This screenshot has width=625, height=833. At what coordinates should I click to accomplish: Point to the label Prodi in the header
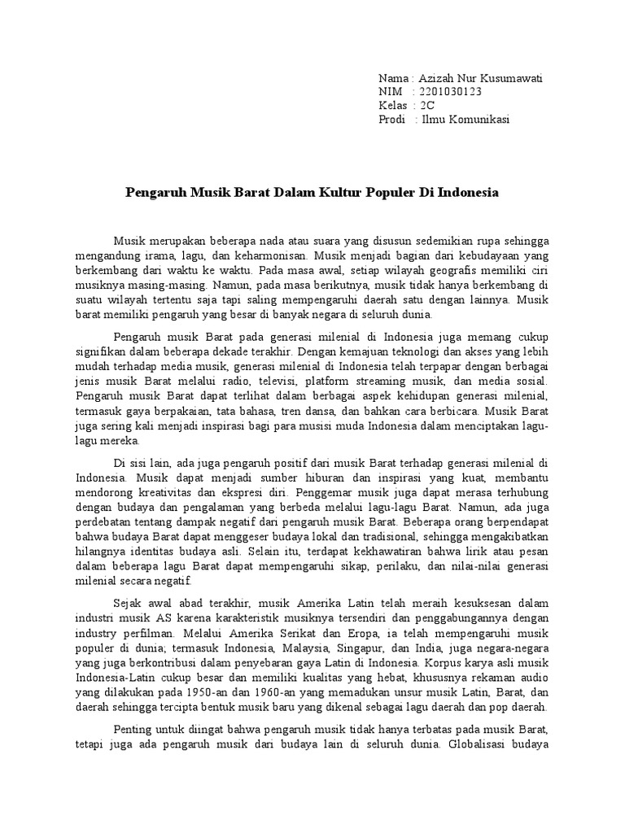(392, 120)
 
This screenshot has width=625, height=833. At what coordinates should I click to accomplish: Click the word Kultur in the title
(336, 194)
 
